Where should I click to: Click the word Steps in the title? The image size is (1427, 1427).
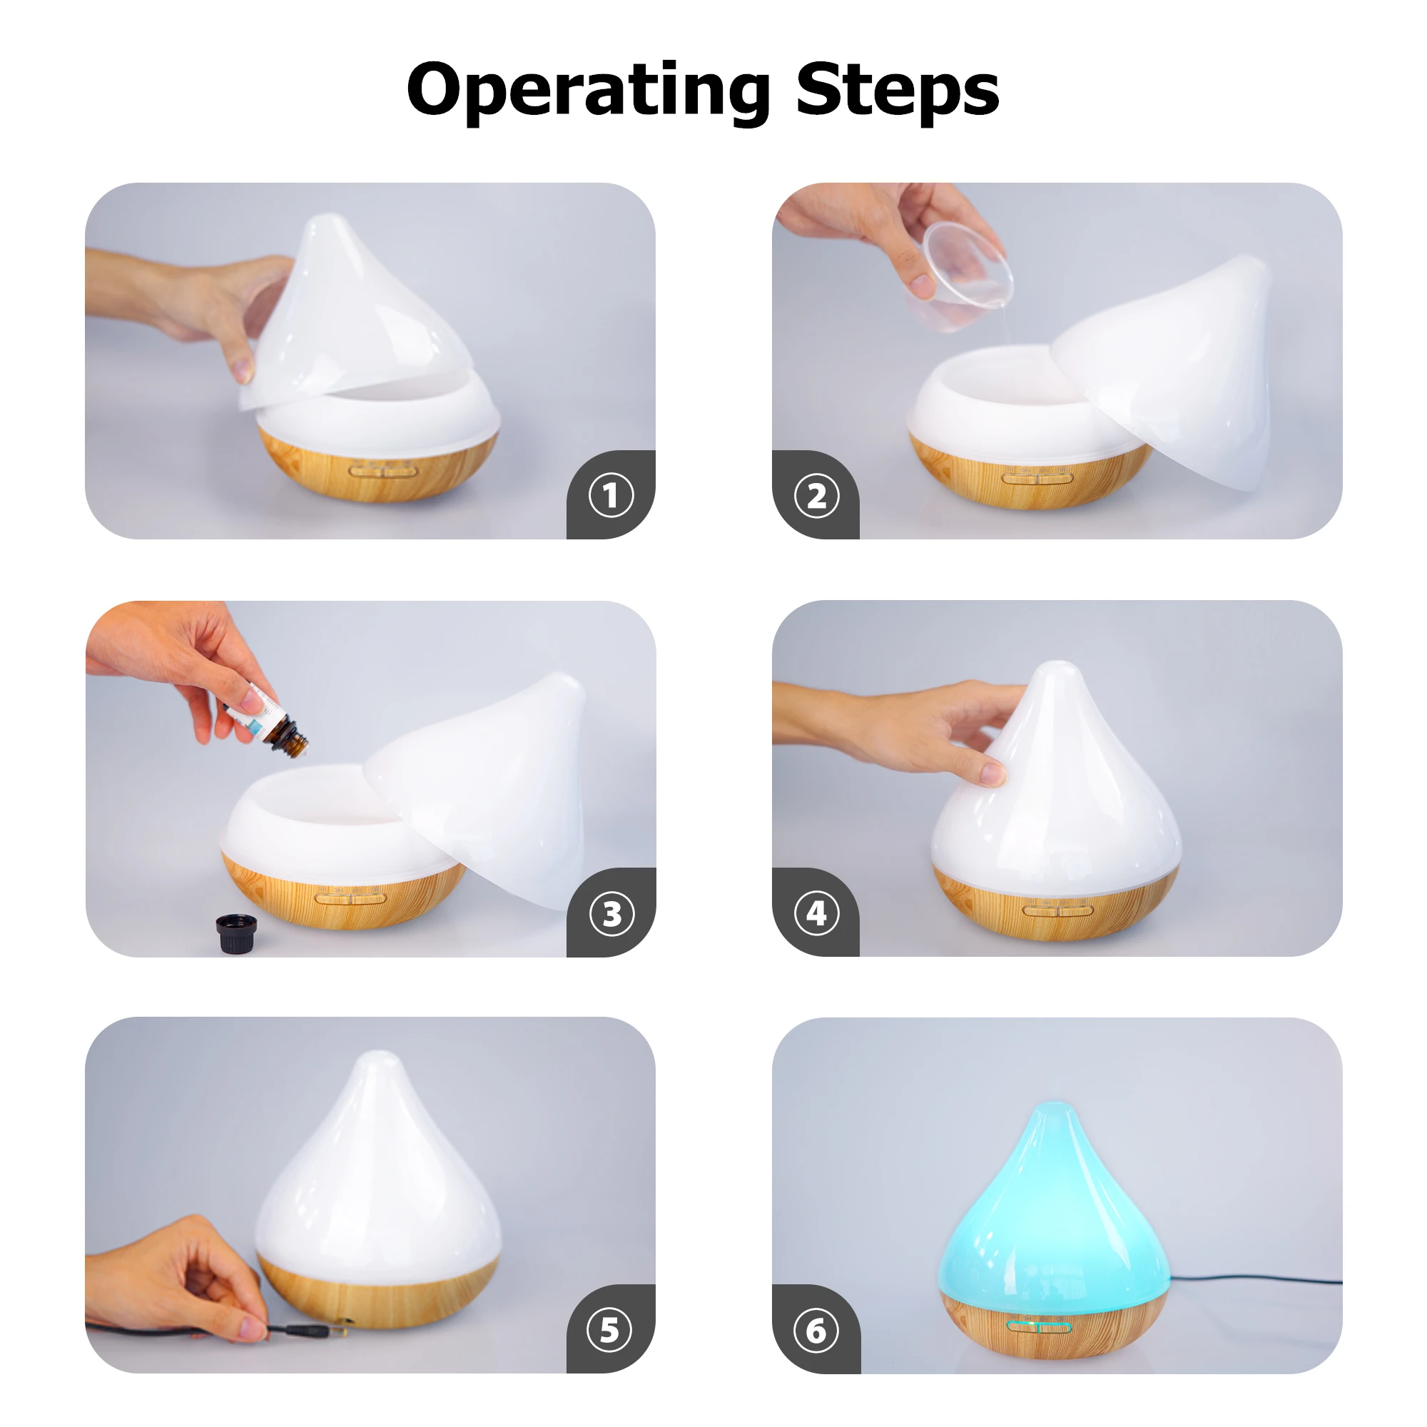(897, 90)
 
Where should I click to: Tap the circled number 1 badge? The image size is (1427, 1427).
(611, 495)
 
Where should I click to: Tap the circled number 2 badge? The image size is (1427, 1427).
(816, 496)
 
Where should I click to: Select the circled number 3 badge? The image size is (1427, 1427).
(611, 914)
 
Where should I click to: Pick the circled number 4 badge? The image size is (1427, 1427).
(816, 913)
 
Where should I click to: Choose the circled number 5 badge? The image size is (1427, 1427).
(609, 1330)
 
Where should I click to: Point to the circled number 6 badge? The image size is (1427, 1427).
(816, 1331)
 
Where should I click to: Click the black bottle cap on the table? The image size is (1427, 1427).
(236, 933)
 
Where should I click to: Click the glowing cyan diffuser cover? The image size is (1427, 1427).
(1055, 1212)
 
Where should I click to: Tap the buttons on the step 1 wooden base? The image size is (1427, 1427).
(382, 470)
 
